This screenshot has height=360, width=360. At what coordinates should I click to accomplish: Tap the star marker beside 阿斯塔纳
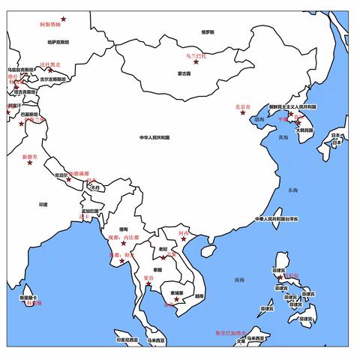(x=63, y=18)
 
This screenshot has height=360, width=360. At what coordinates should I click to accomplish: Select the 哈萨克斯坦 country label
(x=58, y=43)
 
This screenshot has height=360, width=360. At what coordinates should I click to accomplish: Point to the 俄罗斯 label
(x=208, y=32)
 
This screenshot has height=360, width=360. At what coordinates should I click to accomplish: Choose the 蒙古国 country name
(x=184, y=73)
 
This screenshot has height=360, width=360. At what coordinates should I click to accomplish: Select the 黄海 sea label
(x=283, y=138)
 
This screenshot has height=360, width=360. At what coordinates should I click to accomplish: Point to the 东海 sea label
(x=292, y=190)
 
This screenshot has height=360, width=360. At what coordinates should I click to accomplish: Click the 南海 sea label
(x=238, y=280)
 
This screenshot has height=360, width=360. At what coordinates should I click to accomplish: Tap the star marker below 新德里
(x=31, y=164)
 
